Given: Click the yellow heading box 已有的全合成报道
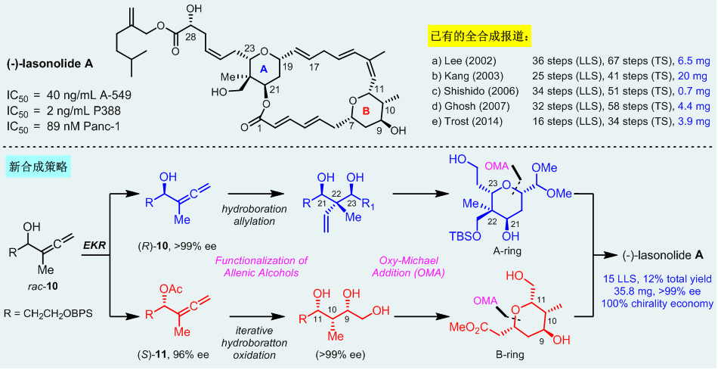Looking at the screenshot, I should (478, 35).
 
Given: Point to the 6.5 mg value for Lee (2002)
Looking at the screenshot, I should (693, 58).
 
